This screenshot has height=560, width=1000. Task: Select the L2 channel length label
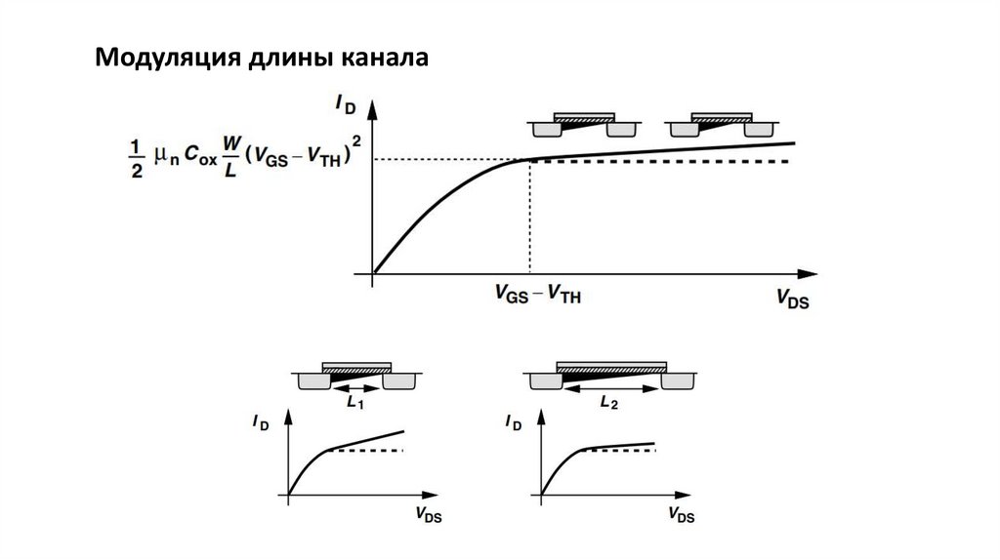coord(607,401)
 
